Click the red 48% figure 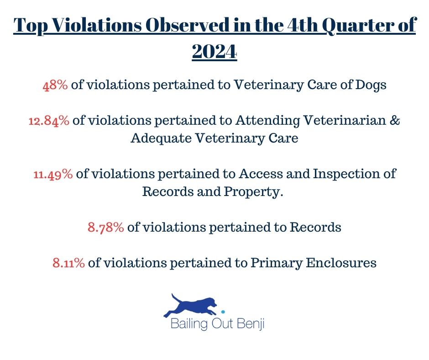(55, 85)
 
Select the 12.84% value (49, 121)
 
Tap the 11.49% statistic (53, 174)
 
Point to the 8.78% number (105, 228)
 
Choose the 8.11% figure (68, 263)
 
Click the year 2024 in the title (214, 51)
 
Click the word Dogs (371, 85)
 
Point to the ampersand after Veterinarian (394, 121)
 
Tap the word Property (253, 192)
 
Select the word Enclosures (341, 263)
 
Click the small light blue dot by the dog (223, 312)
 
